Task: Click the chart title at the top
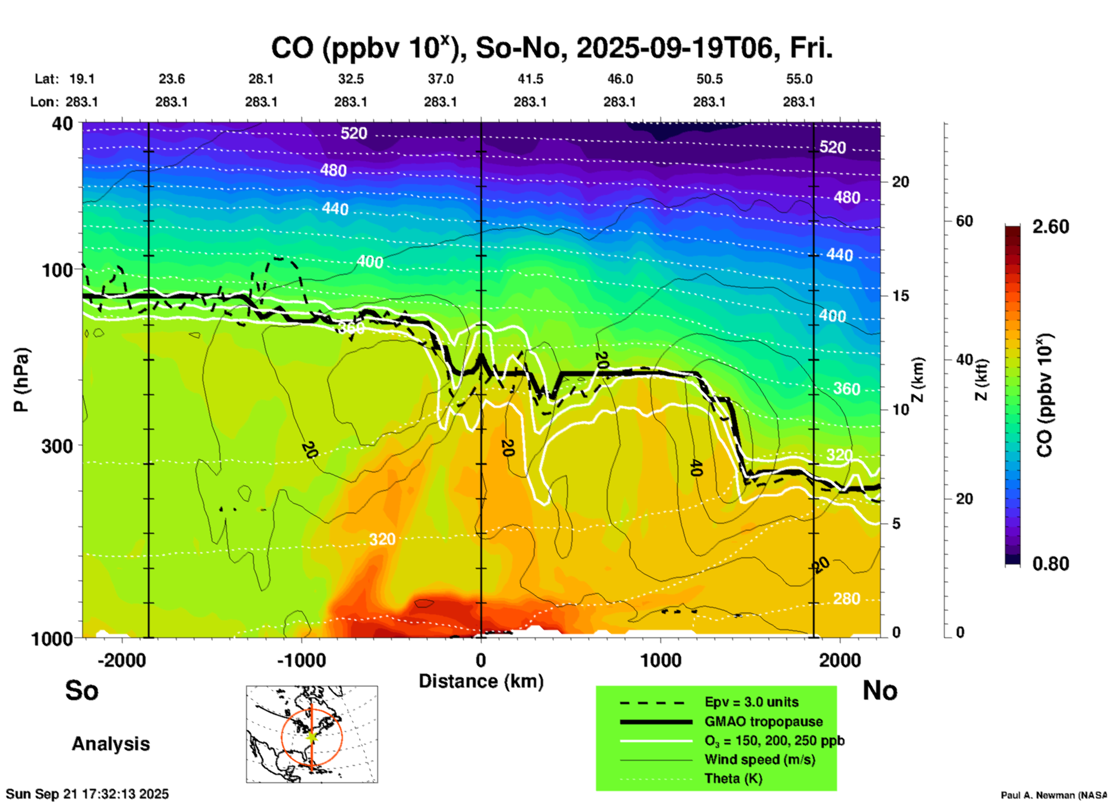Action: pos(551,48)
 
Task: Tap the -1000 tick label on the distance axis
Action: pos(301,660)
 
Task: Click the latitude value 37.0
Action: pos(440,79)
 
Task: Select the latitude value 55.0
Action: pos(799,79)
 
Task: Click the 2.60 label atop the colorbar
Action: pos(1050,227)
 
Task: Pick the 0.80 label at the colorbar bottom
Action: pos(1050,564)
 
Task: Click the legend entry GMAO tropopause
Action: pos(763,721)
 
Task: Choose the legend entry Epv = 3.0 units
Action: pos(751,702)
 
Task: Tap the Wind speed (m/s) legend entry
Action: pos(759,759)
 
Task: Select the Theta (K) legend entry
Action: pos(733,778)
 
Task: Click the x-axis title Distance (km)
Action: pos(481,681)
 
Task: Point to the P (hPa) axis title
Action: pos(21,380)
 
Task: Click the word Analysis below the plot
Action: pos(110,744)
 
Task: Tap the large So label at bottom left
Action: pos(82,690)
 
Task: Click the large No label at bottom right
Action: pos(880,690)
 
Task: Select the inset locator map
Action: pos(312,734)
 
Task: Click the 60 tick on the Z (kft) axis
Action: pos(964,221)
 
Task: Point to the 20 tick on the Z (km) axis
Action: pos(900,182)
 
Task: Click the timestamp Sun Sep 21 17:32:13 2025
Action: pos(87,794)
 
